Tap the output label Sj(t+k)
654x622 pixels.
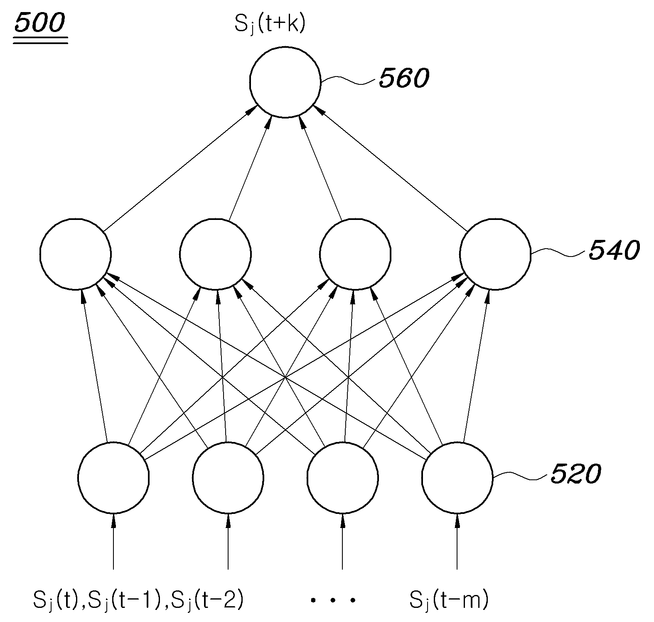click(270, 25)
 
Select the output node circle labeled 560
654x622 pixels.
click(285, 82)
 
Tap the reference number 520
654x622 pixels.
click(575, 474)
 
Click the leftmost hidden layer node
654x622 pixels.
click(76, 254)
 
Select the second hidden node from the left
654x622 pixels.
click(216, 254)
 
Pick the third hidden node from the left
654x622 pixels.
click(356, 254)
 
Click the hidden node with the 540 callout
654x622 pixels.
click(495, 254)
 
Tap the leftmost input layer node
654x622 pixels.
click(113, 477)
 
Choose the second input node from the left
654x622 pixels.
click(228, 477)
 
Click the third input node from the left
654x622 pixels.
click(343, 477)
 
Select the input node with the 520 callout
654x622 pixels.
click(457, 477)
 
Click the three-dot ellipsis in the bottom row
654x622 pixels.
click(333, 600)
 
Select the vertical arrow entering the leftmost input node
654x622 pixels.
click(113, 541)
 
